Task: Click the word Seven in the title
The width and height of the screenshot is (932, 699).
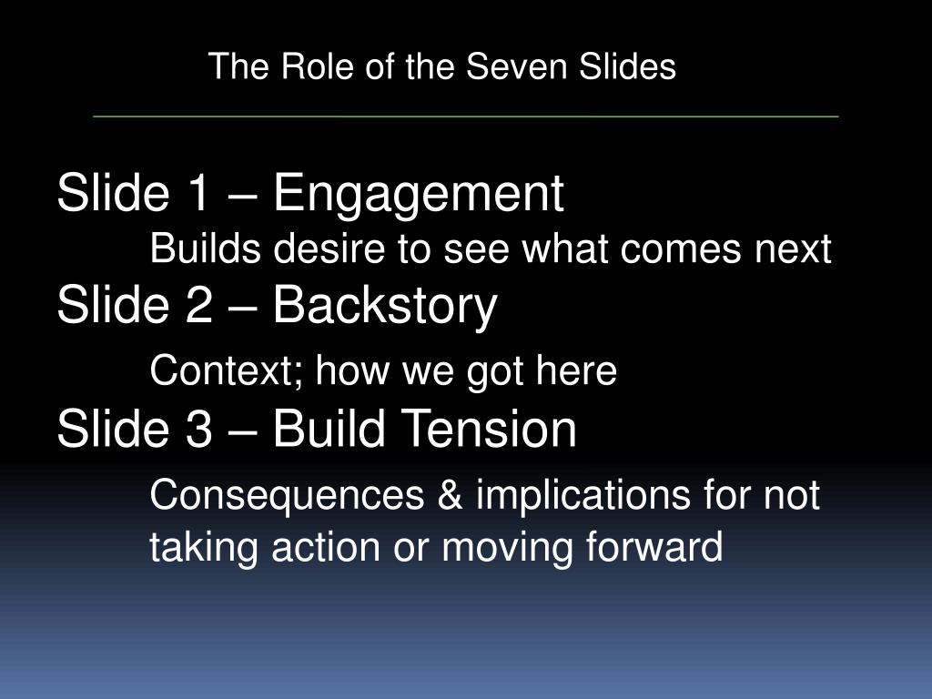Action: (x=516, y=66)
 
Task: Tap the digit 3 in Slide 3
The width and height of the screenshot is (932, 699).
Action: (x=198, y=429)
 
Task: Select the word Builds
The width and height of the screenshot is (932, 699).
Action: (x=205, y=248)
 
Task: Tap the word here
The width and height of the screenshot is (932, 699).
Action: (x=576, y=370)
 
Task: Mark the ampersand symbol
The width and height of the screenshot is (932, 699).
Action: (x=450, y=494)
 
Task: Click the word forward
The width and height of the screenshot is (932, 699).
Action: (x=653, y=546)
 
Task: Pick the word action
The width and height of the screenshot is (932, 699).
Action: (x=325, y=547)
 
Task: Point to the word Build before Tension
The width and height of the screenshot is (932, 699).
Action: (x=329, y=429)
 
